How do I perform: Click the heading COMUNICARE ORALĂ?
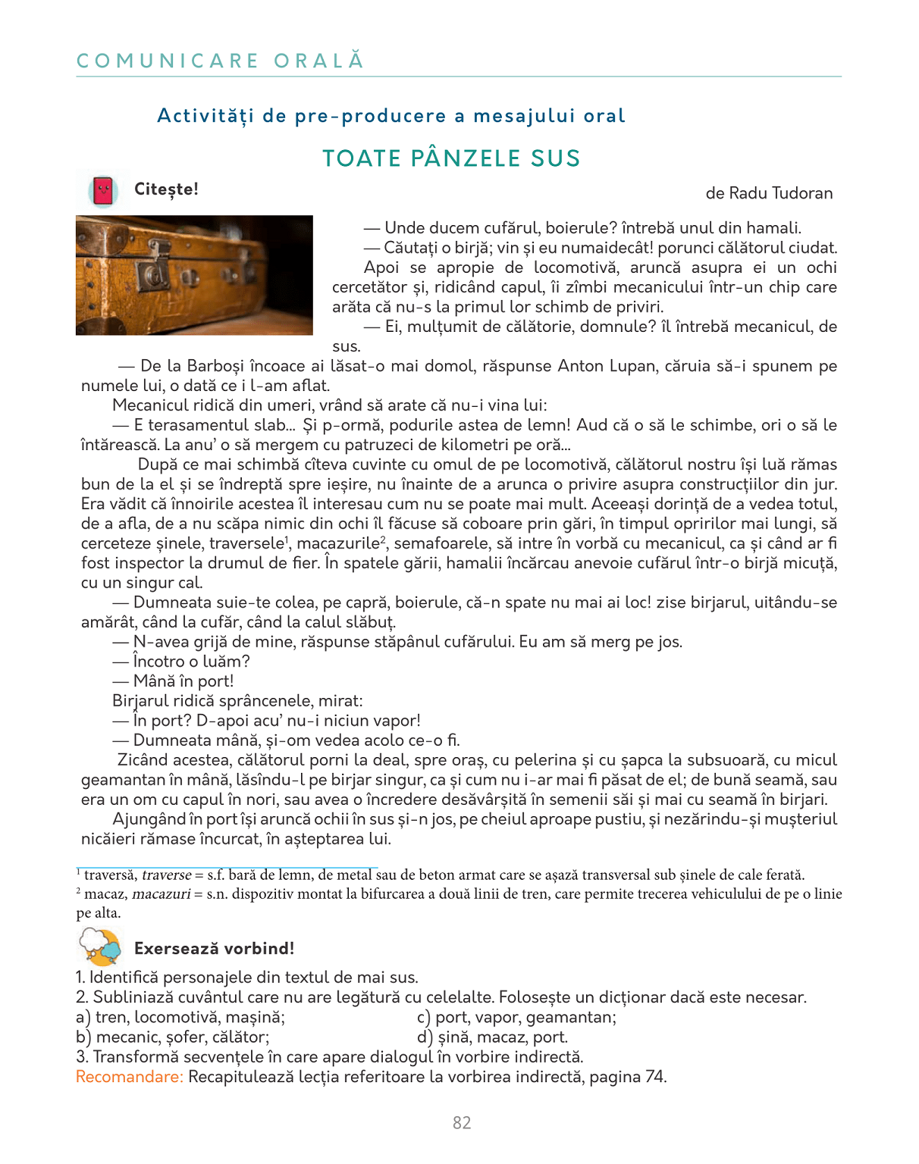tap(220, 61)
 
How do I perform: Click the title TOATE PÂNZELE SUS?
tap(451, 158)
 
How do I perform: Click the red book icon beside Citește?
tap(103, 190)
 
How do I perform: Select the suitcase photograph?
tap(194, 275)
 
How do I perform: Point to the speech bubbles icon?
tap(101, 947)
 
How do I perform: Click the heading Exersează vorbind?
tap(214, 949)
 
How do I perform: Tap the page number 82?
tap(462, 1123)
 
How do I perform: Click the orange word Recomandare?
tap(130, 1077)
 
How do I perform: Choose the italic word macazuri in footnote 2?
tap(161, 894)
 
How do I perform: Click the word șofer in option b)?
tap(186, 1037)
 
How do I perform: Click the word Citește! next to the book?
tap(166, 189)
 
